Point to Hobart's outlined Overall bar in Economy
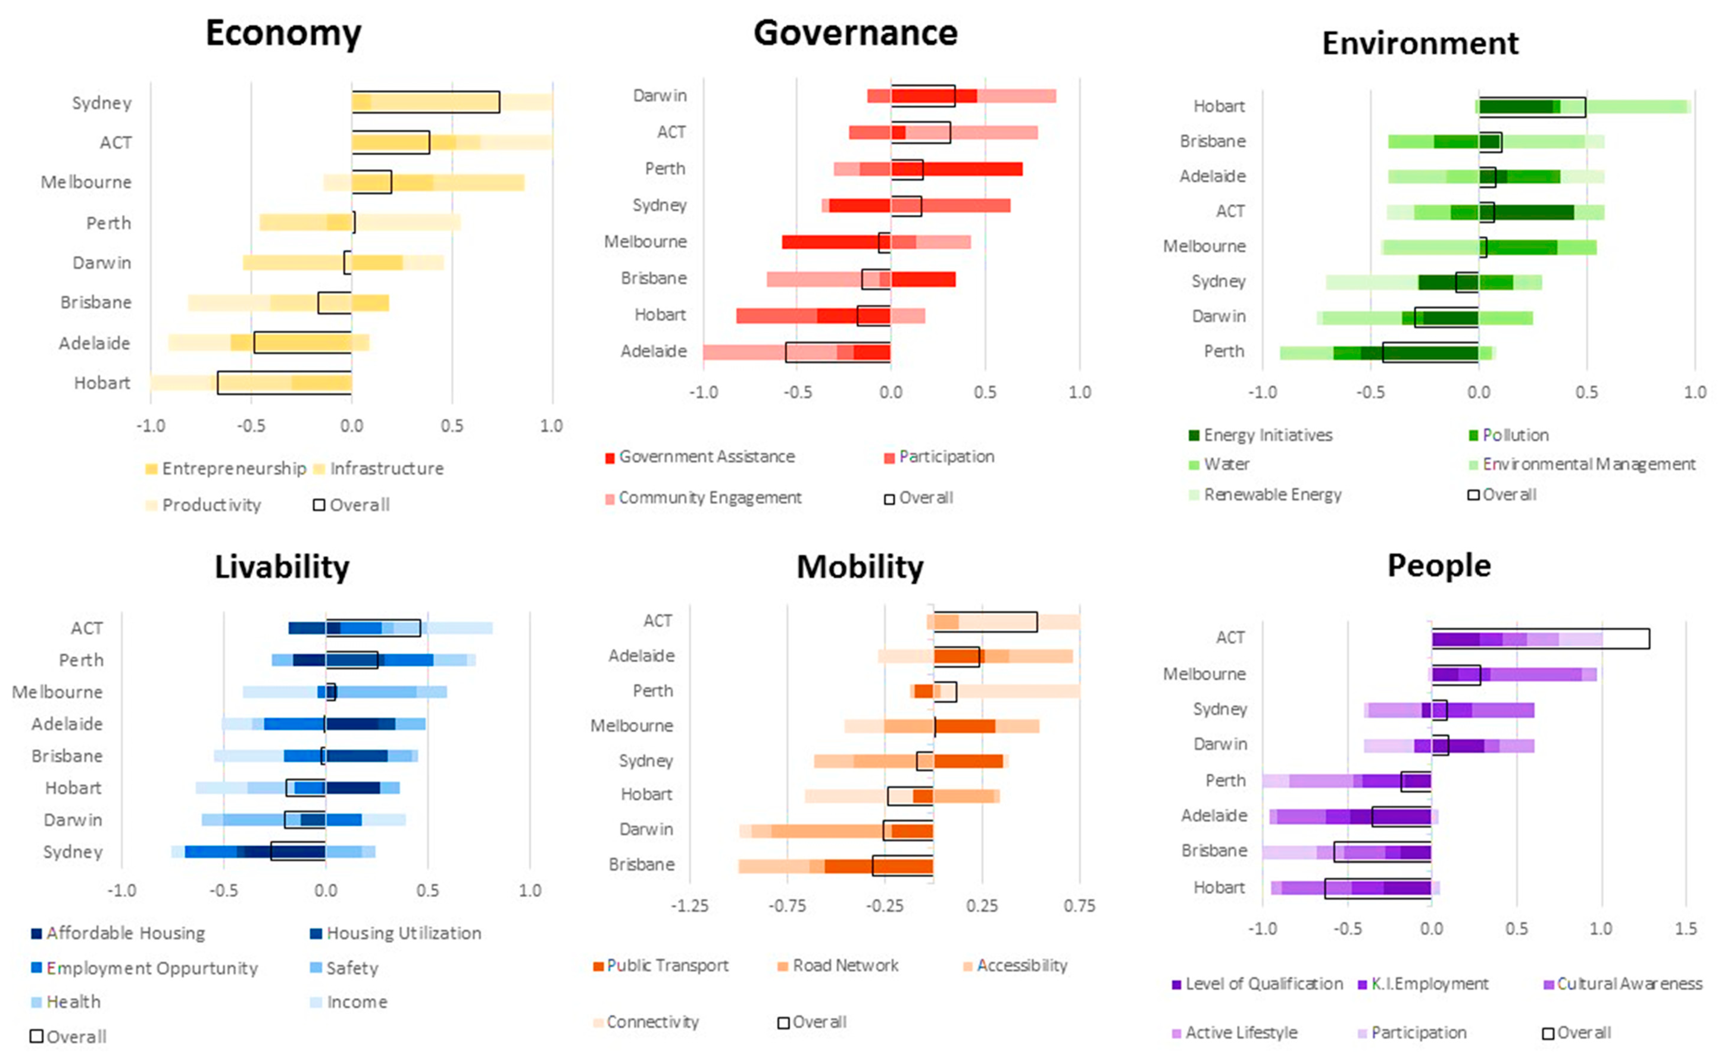point(284,383)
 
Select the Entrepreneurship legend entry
point(225,468)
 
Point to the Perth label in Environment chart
point(1223,351)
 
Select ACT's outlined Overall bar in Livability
point(373,628)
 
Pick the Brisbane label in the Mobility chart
point(641,864)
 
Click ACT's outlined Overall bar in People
point(1540,638)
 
